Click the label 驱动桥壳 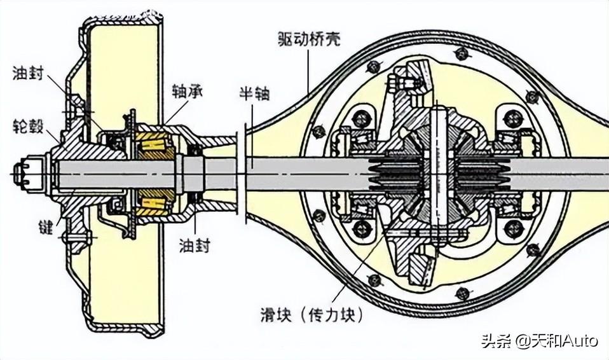(x=308, y=39)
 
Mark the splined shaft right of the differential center (x=479, y=173)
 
